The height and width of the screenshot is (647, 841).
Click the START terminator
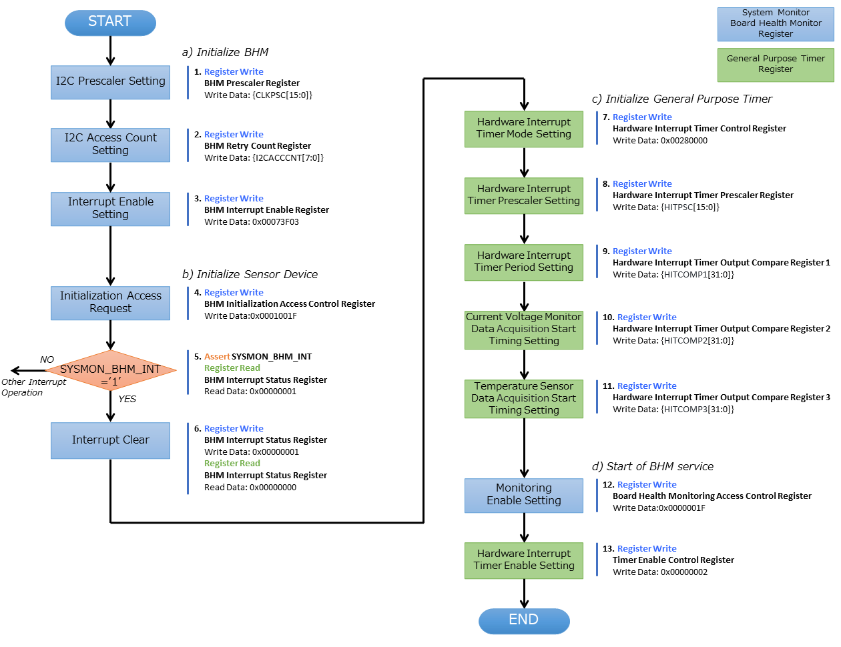point(110,23)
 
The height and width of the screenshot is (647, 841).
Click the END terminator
point(524,620)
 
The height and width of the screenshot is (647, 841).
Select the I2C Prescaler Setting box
point(110,82)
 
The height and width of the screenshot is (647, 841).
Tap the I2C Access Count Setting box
point(110,145)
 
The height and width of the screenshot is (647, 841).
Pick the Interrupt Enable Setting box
point(110,209)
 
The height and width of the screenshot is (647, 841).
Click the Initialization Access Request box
point(110,303)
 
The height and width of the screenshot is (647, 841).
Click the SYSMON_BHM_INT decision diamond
point(110,370)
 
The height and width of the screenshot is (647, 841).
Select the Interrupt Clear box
point(110,440)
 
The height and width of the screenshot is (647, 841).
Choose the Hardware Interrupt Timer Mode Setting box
point(524,129)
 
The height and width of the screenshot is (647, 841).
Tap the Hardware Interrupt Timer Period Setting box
point(524,262)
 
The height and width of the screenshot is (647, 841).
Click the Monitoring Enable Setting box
point(524,495)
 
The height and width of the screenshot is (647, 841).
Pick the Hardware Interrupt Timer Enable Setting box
point(524,560)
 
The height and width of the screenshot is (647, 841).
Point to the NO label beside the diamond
point(47,360)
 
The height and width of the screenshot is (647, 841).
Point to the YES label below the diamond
point(127,399)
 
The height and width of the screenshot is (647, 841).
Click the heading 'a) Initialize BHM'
point(225,52)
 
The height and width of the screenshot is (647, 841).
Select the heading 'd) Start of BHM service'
point(652,466)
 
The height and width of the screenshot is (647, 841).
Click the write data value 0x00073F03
point(275,222)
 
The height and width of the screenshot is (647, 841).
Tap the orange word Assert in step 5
point(217,357)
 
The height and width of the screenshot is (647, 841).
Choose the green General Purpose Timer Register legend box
point(776,65)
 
